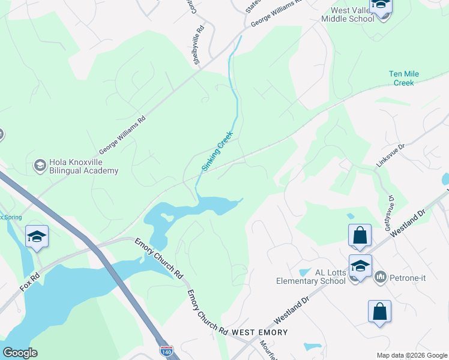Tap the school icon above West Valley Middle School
click(x=380, y=6)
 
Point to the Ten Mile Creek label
click(x=404, y=78)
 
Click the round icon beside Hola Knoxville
click(x=40, y=165)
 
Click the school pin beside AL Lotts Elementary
click(x=360, y=266)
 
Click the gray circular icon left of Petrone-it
click(x=381, y=277)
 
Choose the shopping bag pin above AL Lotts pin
click(x=360, y=236)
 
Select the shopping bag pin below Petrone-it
click(x=379, y=312)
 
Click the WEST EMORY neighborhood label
click(x=260, y=332)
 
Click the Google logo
click(x=20, y=352)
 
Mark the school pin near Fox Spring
click(x=37, y=237)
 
